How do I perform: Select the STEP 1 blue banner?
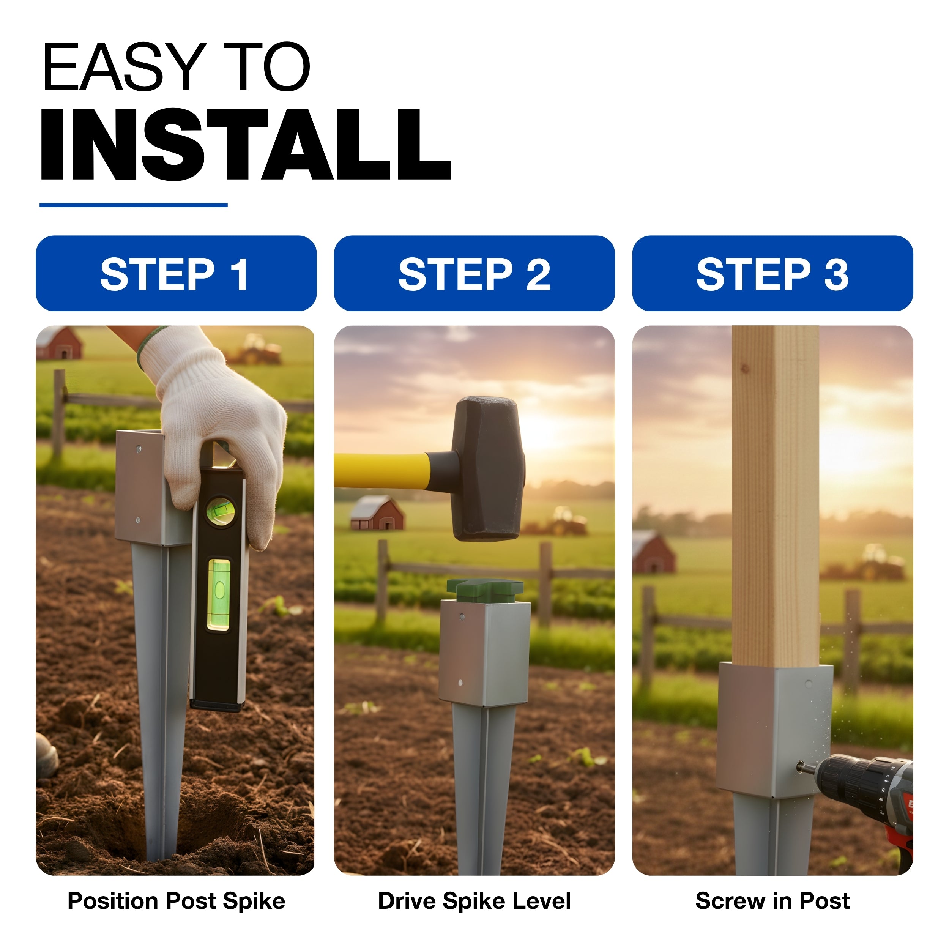click(176, 273)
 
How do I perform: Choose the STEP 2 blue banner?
click(474, 273)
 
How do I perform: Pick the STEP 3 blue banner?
click(772, 273)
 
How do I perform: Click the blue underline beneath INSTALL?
click(134, 205)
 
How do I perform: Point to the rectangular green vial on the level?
click(219, 594)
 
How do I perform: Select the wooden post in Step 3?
click(775, 496)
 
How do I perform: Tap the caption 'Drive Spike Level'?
click(474, 901)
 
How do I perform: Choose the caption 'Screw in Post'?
click(772, 901)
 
